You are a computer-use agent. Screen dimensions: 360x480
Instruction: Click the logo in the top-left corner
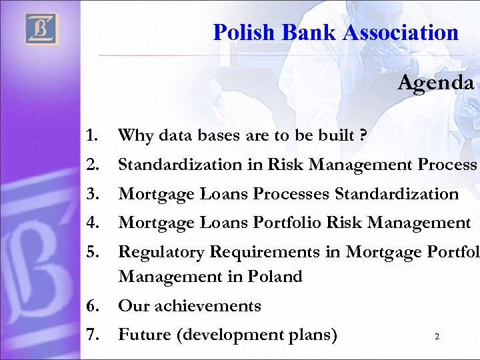pyautogui.click(x=42, y=29)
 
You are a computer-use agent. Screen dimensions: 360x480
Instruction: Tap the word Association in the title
pyautogui.click(x=405, y=31)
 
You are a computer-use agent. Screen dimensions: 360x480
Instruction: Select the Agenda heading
pyautogui.click(x=436, y=83)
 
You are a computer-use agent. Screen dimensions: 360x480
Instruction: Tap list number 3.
pyautogui.click(x=93, y=194)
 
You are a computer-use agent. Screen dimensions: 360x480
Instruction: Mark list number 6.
pyautogui.click(x=93, y=306)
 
